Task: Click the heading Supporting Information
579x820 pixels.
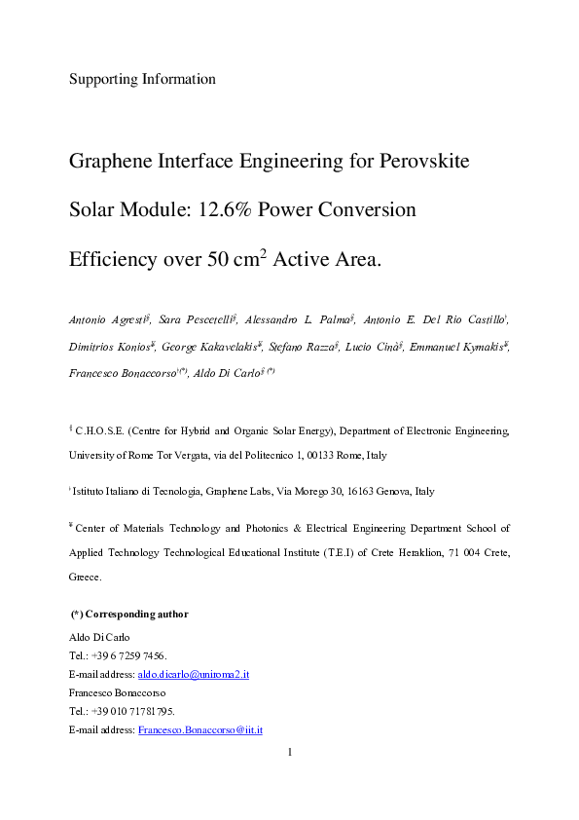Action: tap(142, 79)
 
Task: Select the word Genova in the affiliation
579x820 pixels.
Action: tap(388, 492)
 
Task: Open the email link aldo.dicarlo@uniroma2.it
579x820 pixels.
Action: tap(194, 674)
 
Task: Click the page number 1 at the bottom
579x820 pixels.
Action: tap(289, 752)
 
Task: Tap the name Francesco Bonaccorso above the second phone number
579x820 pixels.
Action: tap(113, 692)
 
